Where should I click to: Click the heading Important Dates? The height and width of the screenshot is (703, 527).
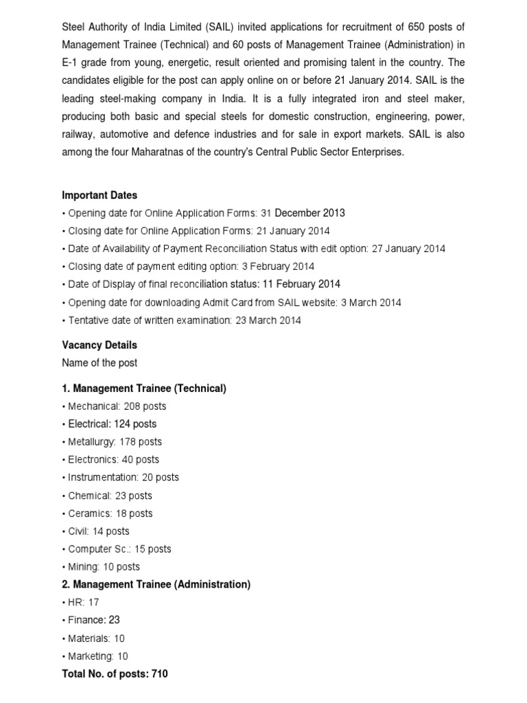(99, 195)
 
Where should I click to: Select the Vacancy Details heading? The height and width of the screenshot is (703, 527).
(99, 345)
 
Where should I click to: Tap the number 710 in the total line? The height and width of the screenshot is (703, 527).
(159, 673)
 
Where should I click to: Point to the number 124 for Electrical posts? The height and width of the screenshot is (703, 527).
(123, 424)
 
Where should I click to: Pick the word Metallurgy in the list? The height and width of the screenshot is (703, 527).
(91, 442)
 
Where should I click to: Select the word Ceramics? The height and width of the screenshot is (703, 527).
(89, 514)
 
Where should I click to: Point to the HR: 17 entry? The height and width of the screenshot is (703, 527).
(80, 602)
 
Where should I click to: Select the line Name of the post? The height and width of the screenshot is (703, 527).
(99, 362)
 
